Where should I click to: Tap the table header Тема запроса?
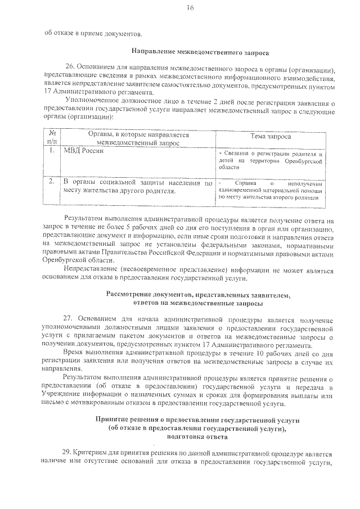point(271,137)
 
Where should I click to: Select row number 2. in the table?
point(52,182)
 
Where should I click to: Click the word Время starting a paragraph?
point(75,352)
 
